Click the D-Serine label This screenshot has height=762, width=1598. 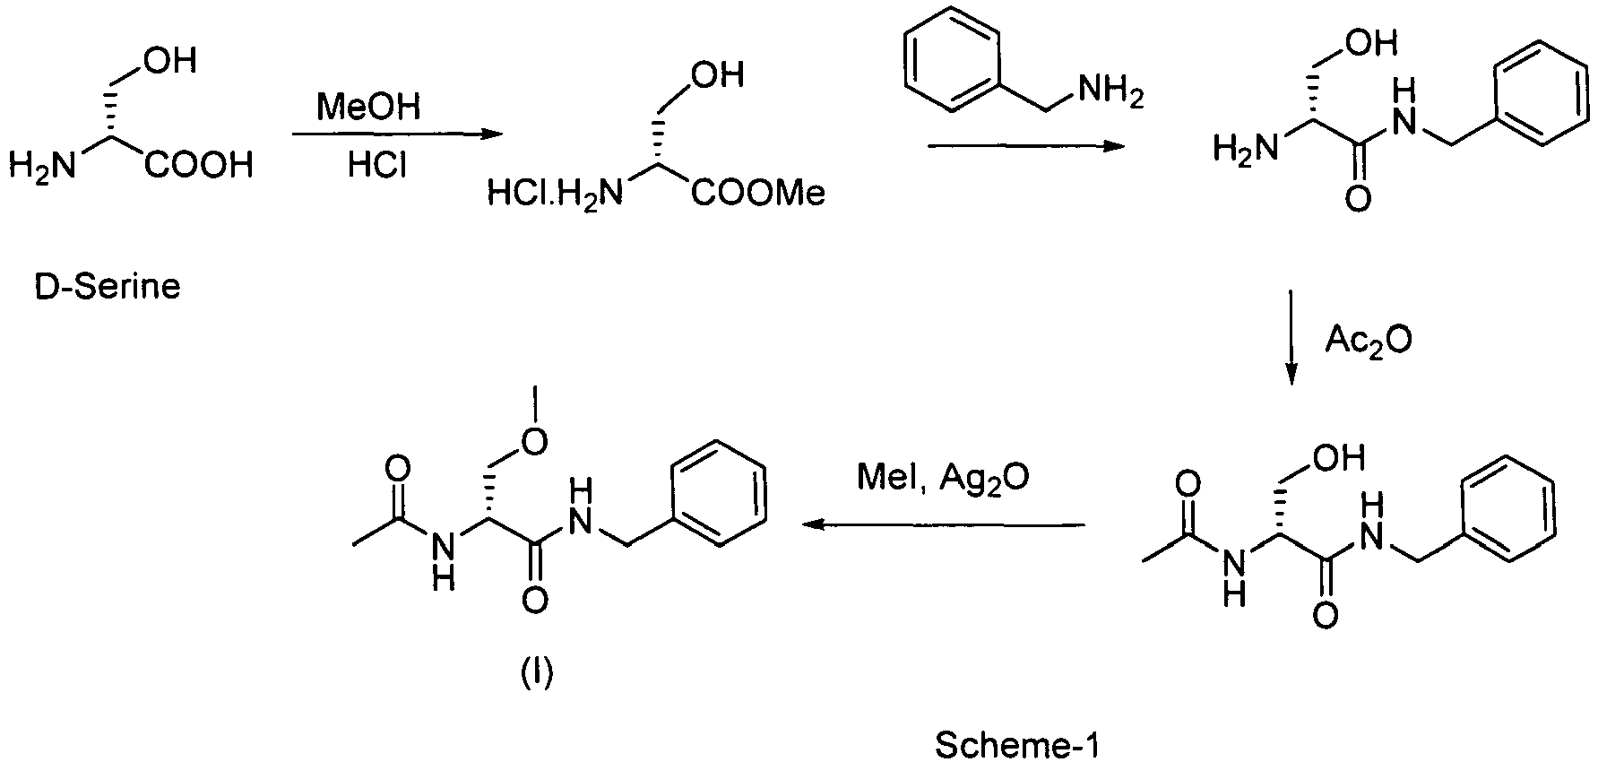pyautogui.click(x=108, y=288)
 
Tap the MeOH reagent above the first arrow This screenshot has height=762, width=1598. pyautogui.click(x=369, y=109)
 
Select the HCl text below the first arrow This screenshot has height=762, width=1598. pyautogui.click(x=376, y=167)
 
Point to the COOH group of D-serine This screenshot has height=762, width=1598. pyautogui.click(x=199, y=166)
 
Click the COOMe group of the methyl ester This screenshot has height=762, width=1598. pyautogui.click(x=757, y=194)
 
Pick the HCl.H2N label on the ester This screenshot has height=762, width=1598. pyautogui.click(x=554, y=194)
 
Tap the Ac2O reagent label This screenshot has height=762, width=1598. pyautogui.click(x=1369, y=341)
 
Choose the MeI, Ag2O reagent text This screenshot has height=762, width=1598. pyautogui.click(x=943, y=478)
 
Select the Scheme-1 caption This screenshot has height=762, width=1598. pyautogui.click(x=1016, y=745)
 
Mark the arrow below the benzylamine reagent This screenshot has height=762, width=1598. pyautogui.click(x=1025, y=146)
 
